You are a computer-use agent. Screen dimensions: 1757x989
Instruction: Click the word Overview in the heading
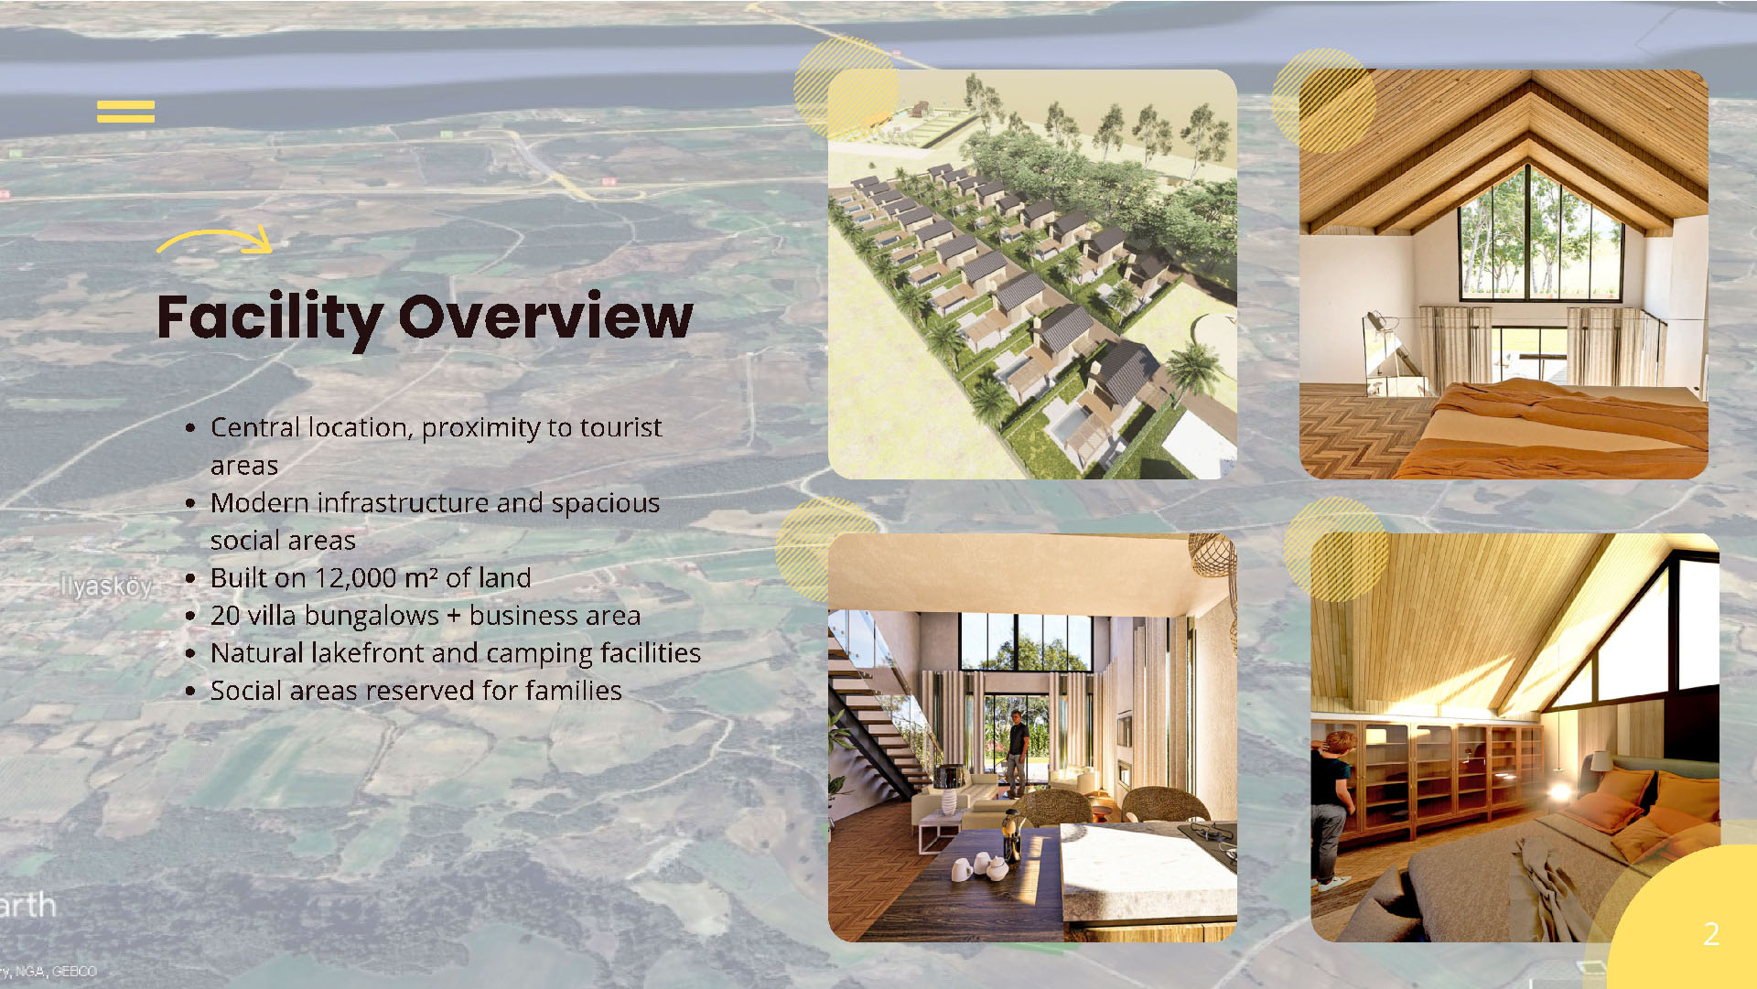(546, 317)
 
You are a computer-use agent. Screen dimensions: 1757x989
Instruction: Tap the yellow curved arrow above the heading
(216, 240)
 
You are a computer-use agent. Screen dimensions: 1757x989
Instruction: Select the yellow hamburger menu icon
(125, 112)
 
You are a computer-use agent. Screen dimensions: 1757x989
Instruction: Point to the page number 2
(1711, 933)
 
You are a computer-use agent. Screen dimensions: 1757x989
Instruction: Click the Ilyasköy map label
(105, 586)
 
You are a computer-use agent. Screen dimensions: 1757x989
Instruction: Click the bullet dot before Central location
(190, 428)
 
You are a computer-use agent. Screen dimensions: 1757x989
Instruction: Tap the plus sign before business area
(454, 617)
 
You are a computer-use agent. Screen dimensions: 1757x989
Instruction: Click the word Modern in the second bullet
(260, 503)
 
